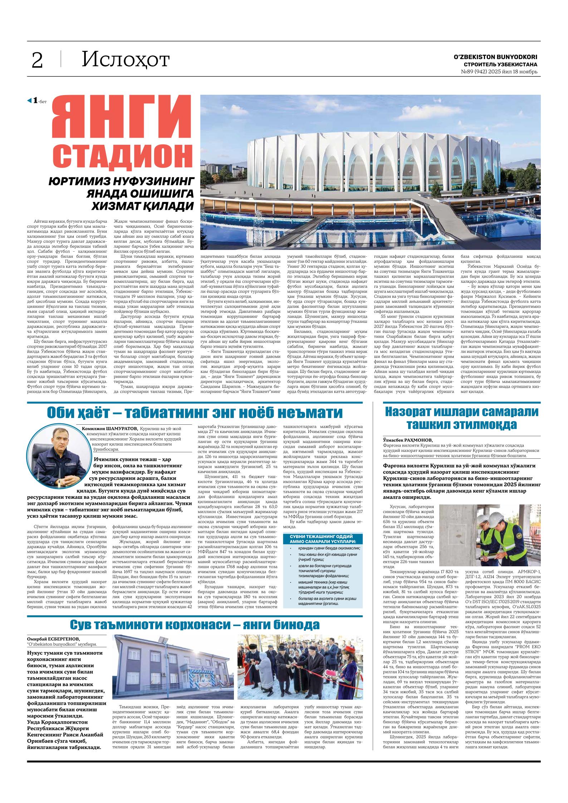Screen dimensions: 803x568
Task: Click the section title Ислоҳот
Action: tap(125, 60)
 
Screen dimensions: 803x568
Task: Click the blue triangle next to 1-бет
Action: tap(30, 101)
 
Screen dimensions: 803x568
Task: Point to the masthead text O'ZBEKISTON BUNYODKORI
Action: tap(495, 57)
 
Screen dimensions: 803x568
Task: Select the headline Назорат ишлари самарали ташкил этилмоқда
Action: tap(461, 418)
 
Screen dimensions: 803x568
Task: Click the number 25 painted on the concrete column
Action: tap(454, 514)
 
